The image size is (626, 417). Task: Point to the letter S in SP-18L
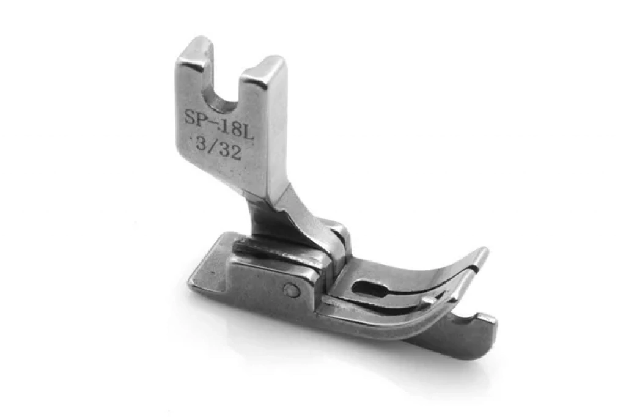(x=190, y=117)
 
